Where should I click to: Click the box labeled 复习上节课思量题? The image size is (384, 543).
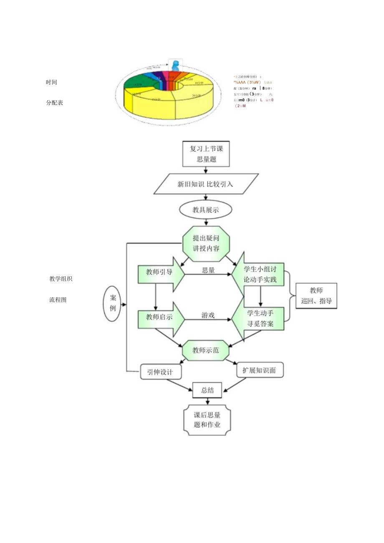coord(206,154)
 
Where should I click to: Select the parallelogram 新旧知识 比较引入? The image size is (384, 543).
coord(206,184)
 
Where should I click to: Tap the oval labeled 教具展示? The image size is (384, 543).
coord(206,210)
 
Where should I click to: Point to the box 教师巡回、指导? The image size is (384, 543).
coord(316,295)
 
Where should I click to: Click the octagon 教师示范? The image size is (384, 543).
coord(206,350)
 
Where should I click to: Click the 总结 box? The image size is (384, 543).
coord(207,390)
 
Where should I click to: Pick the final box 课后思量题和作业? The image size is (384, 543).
coord(207,420)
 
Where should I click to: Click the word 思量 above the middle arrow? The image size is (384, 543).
coord(208,270)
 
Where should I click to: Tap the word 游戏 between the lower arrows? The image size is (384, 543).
coord(208,315)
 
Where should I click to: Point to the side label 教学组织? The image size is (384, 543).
coord(61,279)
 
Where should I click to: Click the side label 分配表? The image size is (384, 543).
coord(55,103)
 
